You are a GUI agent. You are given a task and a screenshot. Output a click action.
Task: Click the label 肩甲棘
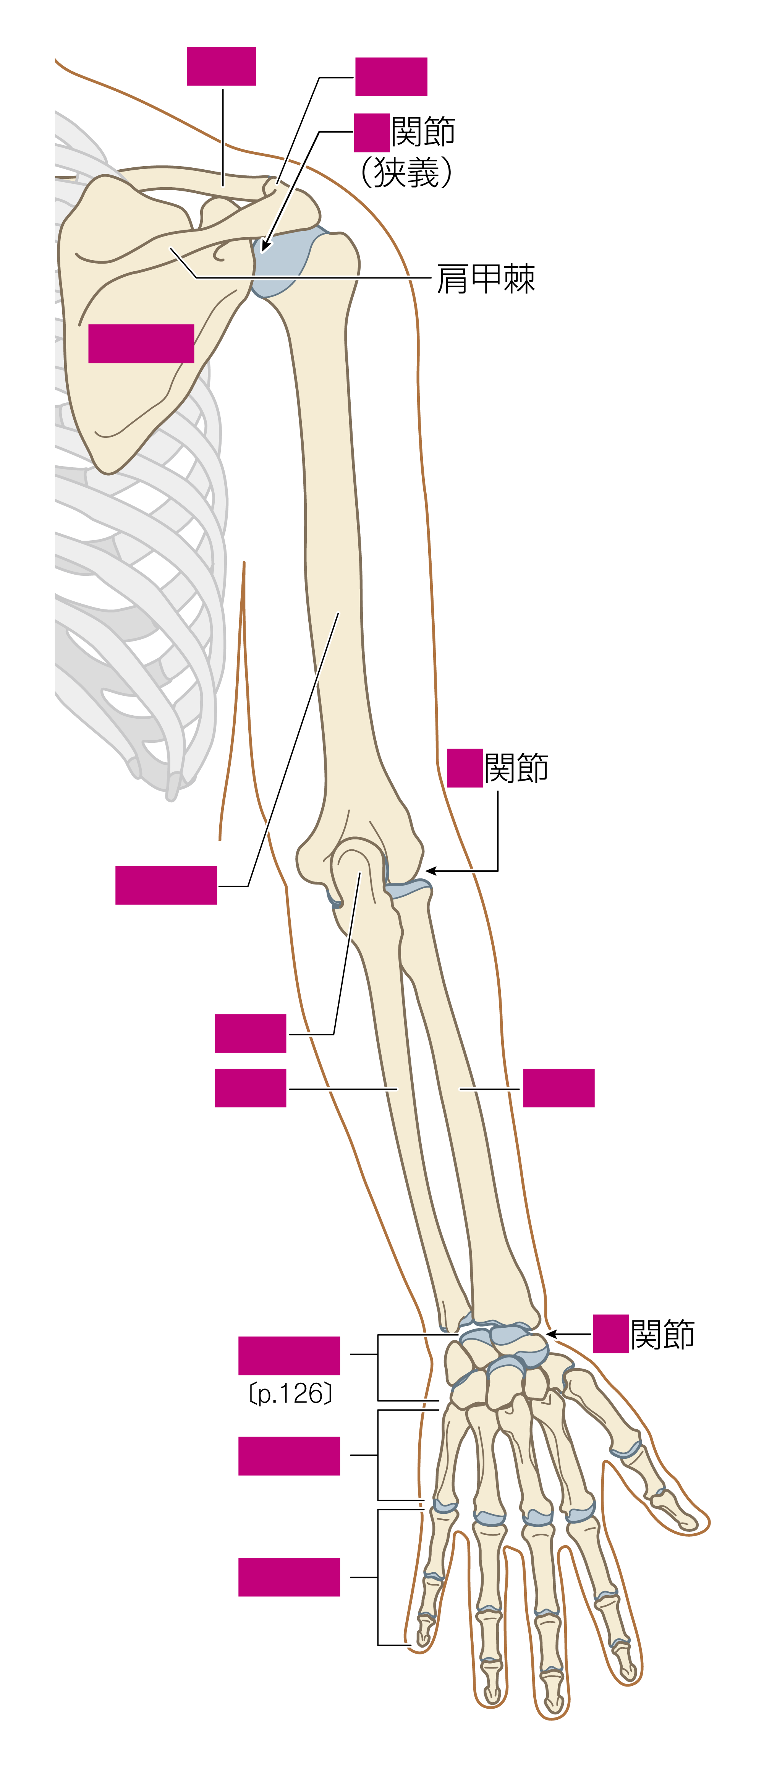click(x=486, y=279)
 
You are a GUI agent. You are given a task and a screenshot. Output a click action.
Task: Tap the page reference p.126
click(x=290, y=1393)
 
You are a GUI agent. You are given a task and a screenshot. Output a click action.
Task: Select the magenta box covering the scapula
click(x=141, y=343)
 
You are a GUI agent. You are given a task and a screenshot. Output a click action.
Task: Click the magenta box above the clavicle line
click(x=221, y=66)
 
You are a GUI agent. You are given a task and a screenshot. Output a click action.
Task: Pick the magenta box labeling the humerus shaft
click(x=166, y=885)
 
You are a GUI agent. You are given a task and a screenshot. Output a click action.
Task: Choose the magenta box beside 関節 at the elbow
click(x=465, y=768)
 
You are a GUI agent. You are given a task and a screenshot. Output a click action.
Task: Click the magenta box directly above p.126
click(x=289, y=1355)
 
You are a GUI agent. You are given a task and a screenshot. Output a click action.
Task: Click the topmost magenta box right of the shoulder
click(x=391, y=76)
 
